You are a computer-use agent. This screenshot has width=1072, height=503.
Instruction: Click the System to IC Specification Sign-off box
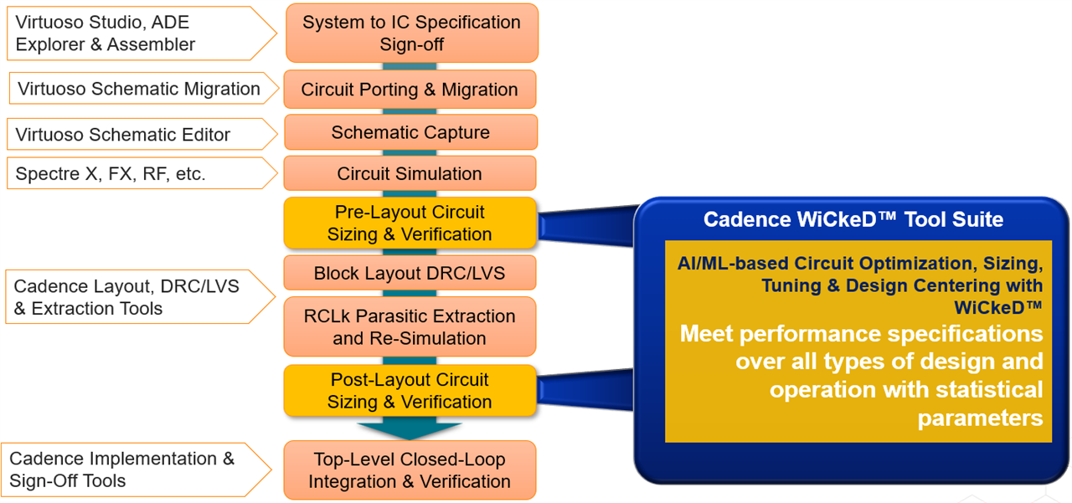[411, 33]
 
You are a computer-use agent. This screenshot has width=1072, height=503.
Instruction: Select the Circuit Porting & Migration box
[410, 90]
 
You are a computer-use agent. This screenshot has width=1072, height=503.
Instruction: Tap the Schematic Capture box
[410, 132]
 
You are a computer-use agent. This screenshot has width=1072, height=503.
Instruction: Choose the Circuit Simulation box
[410, 174]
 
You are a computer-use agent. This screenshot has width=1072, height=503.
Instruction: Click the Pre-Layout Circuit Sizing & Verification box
[410, 223]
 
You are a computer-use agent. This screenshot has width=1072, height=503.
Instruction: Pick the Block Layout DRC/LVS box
[410, 274]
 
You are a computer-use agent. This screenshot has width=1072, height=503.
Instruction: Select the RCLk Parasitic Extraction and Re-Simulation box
[410, 327]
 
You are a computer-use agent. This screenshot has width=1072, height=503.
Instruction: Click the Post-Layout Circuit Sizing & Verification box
[410, 391]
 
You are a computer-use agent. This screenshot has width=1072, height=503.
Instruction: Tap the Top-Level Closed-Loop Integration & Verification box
[410, 470]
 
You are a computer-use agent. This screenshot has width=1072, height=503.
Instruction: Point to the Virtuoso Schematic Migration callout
[139, 89]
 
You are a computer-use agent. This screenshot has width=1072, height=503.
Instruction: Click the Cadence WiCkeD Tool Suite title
[853, 219]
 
